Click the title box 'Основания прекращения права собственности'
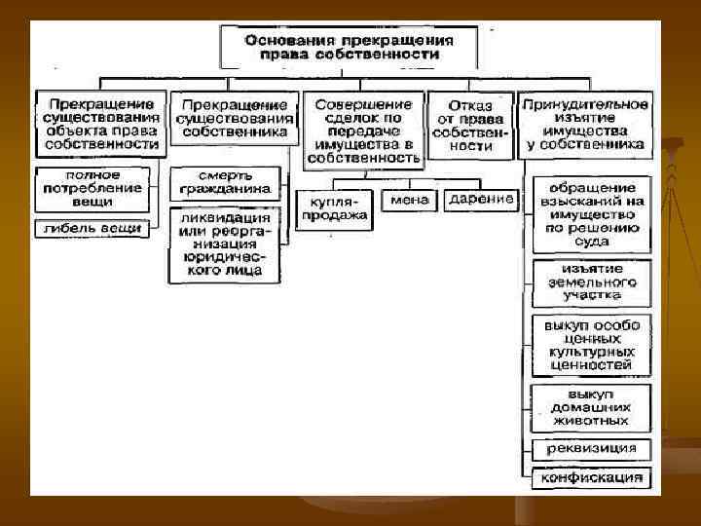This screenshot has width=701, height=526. click(349, 48)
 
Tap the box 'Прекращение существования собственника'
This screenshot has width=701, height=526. click(234, 118)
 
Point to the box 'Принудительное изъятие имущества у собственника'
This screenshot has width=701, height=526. click(584, 124)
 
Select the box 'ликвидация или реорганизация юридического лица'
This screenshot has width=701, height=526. click(225, 244)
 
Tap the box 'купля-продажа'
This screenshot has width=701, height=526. click(334, 207)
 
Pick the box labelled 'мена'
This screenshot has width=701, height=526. click(410, 200)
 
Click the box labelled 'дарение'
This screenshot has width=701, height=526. click(481, 200)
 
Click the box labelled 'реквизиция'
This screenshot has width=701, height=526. click(591, 449)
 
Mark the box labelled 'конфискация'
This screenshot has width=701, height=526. click(591, 477)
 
